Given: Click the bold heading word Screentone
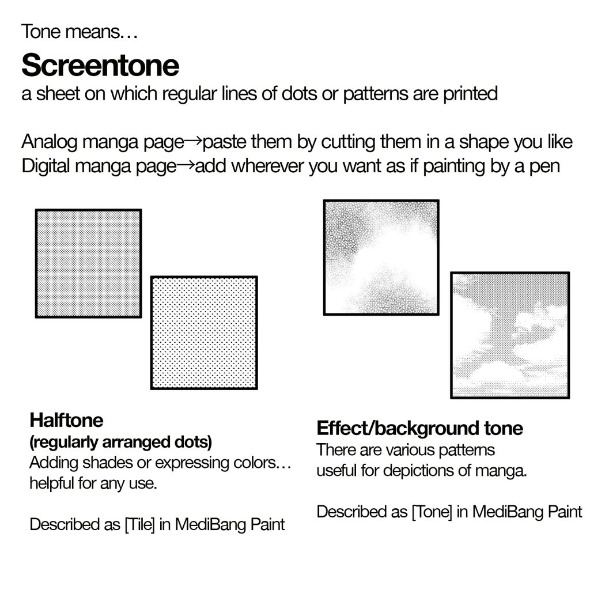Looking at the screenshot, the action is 100,65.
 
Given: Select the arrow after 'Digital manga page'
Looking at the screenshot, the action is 186,165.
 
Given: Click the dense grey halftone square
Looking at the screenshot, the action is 88,263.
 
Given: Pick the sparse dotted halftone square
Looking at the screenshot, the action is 204,332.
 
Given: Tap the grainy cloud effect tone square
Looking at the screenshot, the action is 381,258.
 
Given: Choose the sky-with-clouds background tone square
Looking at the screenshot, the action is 510,335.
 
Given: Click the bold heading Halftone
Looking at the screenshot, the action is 66,420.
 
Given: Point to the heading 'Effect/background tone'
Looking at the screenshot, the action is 419,428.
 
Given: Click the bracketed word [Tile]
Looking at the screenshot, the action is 139,524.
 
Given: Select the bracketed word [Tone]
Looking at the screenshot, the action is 432,512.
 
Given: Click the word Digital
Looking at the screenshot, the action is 46,166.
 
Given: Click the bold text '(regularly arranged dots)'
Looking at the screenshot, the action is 121,442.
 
